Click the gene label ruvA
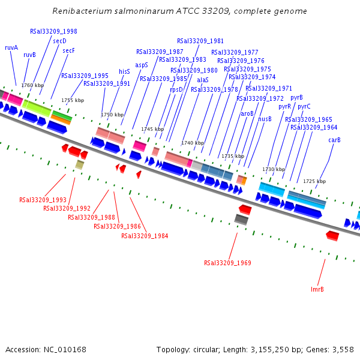pos(11,47)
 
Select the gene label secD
pos(59,41)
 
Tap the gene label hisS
pos(124,71)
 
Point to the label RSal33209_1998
pos(53,31)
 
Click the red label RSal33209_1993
pos(43,200)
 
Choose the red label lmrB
pos(317,289)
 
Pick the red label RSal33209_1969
pos(227,263)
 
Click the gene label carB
pos(334,140)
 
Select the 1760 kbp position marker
pos(32,85)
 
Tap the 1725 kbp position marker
pos(314,181)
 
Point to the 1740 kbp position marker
pos(193,143)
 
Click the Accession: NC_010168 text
pos(46,349)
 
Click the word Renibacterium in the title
pos(80,11)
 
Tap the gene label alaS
pos(203,80)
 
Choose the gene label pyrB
pos(296,97)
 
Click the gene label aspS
pos(142,65)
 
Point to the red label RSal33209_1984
pos(145,236)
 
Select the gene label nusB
pos(265,119)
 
